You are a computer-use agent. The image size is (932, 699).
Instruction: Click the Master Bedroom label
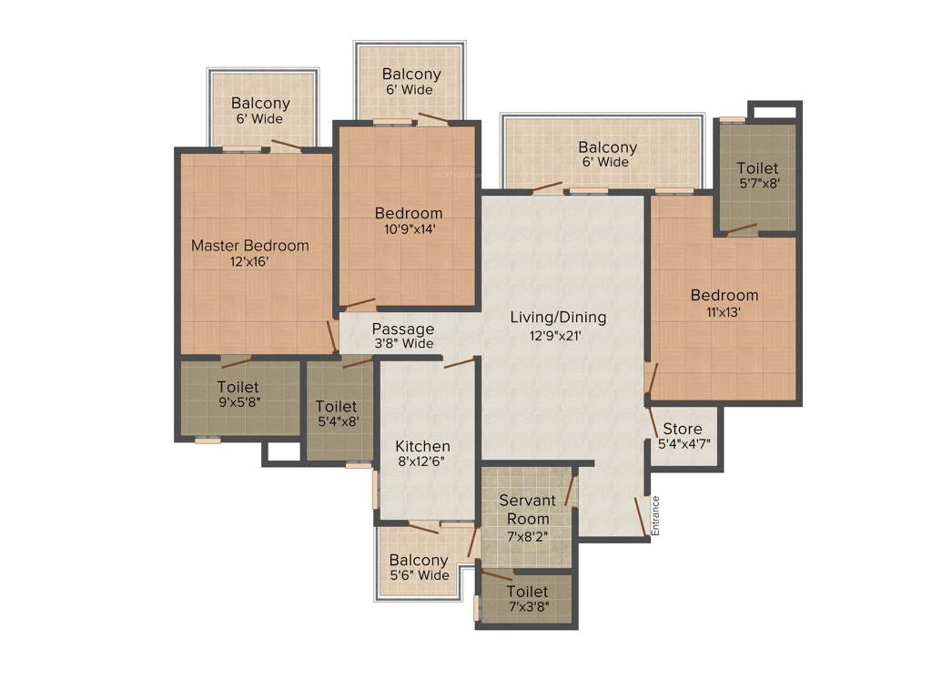tap(249, 246)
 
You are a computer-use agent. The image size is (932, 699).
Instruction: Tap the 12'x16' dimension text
tap(249, 261)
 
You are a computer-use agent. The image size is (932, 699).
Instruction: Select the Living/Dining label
tap(557, 318)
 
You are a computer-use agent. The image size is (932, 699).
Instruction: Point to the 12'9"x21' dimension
tap(557, 334)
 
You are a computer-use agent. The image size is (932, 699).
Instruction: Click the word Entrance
tap(655, 515)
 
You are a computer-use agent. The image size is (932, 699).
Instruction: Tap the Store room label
tap(682, 430)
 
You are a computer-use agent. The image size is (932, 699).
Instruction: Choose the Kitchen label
tap(422, 447)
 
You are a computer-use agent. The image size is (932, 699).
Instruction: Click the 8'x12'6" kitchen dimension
tap(422, 462)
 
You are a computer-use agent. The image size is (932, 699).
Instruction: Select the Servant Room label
tap(528, 510)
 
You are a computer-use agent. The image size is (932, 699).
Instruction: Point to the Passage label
tap(402, 329)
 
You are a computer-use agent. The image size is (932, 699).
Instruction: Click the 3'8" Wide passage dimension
tap(402, 344)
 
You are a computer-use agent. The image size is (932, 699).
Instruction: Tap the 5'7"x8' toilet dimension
tap(757, 183)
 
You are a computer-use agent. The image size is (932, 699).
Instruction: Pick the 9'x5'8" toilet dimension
tap(238, 401)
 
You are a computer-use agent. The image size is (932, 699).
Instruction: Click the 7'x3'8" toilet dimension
tap(528, 606)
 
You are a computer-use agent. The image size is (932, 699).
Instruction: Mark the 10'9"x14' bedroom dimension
tap(409, 229)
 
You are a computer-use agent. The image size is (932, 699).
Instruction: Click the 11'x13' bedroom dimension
tap(724, 311)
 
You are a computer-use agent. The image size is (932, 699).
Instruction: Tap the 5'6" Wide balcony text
tap(419, 575)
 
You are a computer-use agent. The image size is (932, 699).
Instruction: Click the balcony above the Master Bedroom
tap(261, 110)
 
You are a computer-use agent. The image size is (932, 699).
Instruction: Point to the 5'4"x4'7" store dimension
tap(684, 445)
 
